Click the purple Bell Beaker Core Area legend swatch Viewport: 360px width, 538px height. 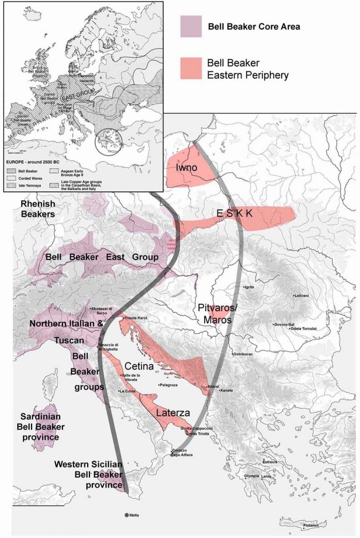pyautogui.click(x=191, y=26)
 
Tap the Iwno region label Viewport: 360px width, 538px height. pyautogui.click(x=186, y=167)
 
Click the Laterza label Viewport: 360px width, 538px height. pyautogui.click(x=173, y=413)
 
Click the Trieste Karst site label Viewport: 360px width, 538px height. pyautogui.click(x=136, y=318)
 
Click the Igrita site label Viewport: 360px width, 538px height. pyautogui.click(x=249, y=287)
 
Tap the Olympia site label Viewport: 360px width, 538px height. pyautogui.click(x=251, y=476)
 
